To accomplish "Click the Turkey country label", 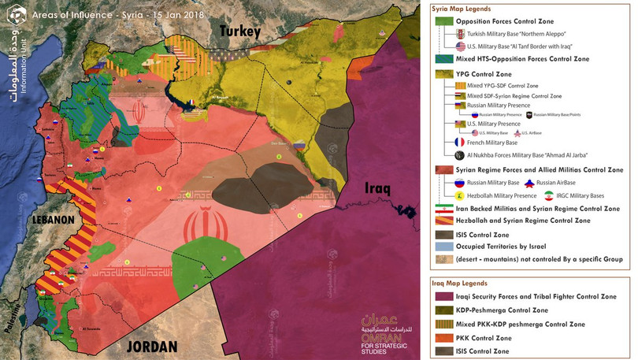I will pos(240,32).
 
